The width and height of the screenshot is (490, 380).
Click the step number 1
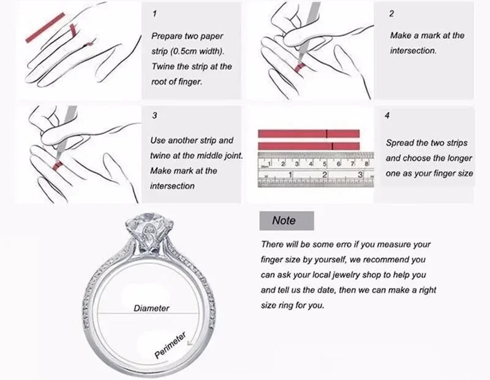(x=154, y=13)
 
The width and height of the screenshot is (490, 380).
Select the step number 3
(x=154, y=115)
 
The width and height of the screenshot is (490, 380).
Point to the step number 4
(x=387, y=115)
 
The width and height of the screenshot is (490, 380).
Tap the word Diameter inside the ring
(x=151, y=308)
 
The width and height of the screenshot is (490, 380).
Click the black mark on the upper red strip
(x=327, y=134)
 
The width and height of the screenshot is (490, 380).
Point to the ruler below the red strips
(x=313, y=169)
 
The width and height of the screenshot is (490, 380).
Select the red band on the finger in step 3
(x=56, y=164)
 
